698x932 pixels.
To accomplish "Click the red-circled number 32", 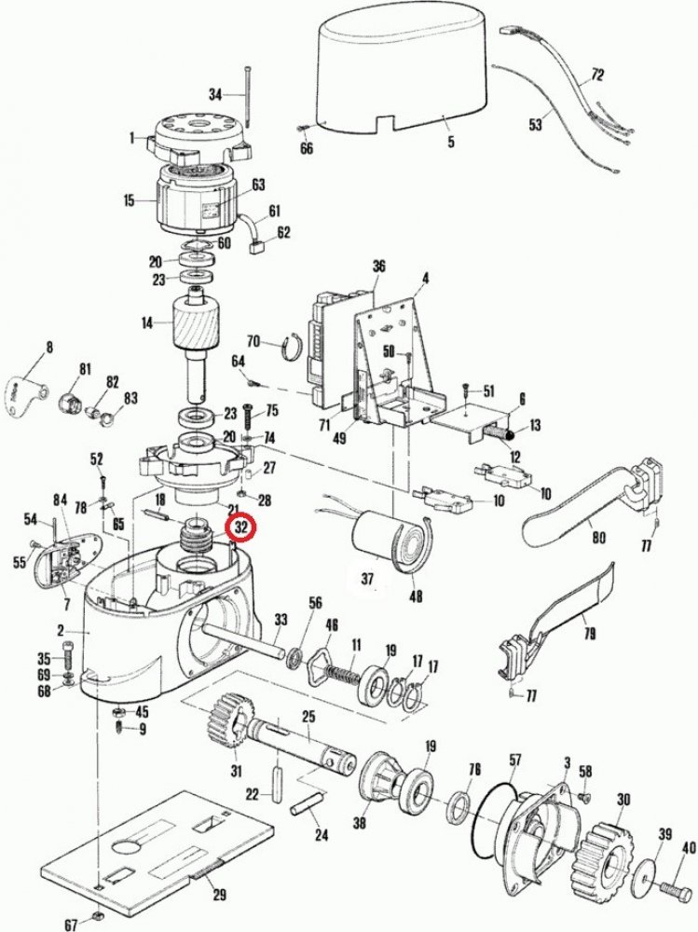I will (x=241, y=527).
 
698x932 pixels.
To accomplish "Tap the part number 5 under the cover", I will (x=451, y=142).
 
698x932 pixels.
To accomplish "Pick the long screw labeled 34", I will (x=250, y=98).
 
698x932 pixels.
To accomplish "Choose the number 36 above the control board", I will (x=378, y=266).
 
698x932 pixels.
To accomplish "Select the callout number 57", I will (x=514, y=760).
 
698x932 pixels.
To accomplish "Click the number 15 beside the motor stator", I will (x=129, y=199).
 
